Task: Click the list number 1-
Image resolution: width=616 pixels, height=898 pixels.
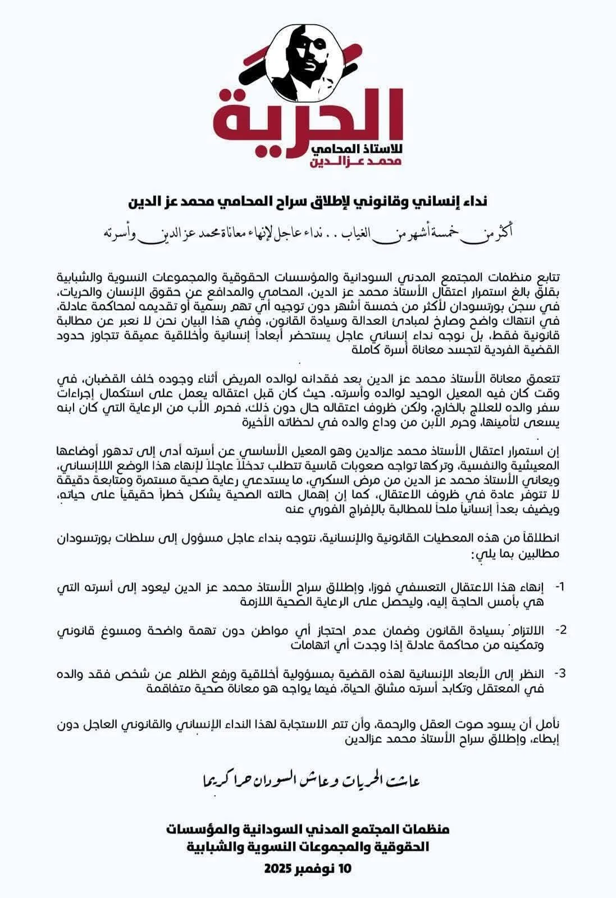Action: coord(560,587)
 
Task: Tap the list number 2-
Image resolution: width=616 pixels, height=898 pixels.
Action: coord(560,629)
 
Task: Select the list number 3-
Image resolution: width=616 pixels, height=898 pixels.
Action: coord(560,672)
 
